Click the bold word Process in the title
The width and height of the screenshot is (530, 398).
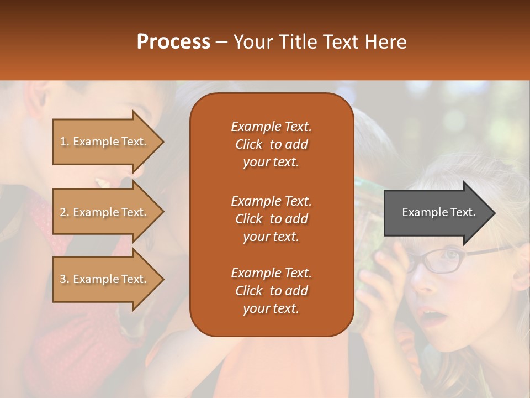[x=173, y=42]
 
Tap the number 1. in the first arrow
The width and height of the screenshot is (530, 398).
[x=65, y=142]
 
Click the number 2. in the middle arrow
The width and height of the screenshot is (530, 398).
[x=65, y=212]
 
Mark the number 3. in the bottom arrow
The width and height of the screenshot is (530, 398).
[x=65, y=279]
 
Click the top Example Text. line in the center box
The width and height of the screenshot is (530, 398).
[x=271, y=127]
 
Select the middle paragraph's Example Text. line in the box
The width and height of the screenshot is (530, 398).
[x=271, y=201]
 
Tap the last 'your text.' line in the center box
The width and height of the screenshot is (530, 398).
[x=271, y=309]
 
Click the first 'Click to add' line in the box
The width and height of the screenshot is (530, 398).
[x=271, y=144]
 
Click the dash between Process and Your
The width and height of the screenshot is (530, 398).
[x=222, y=42]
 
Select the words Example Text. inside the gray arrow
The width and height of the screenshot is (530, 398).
[x=438, y=212]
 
